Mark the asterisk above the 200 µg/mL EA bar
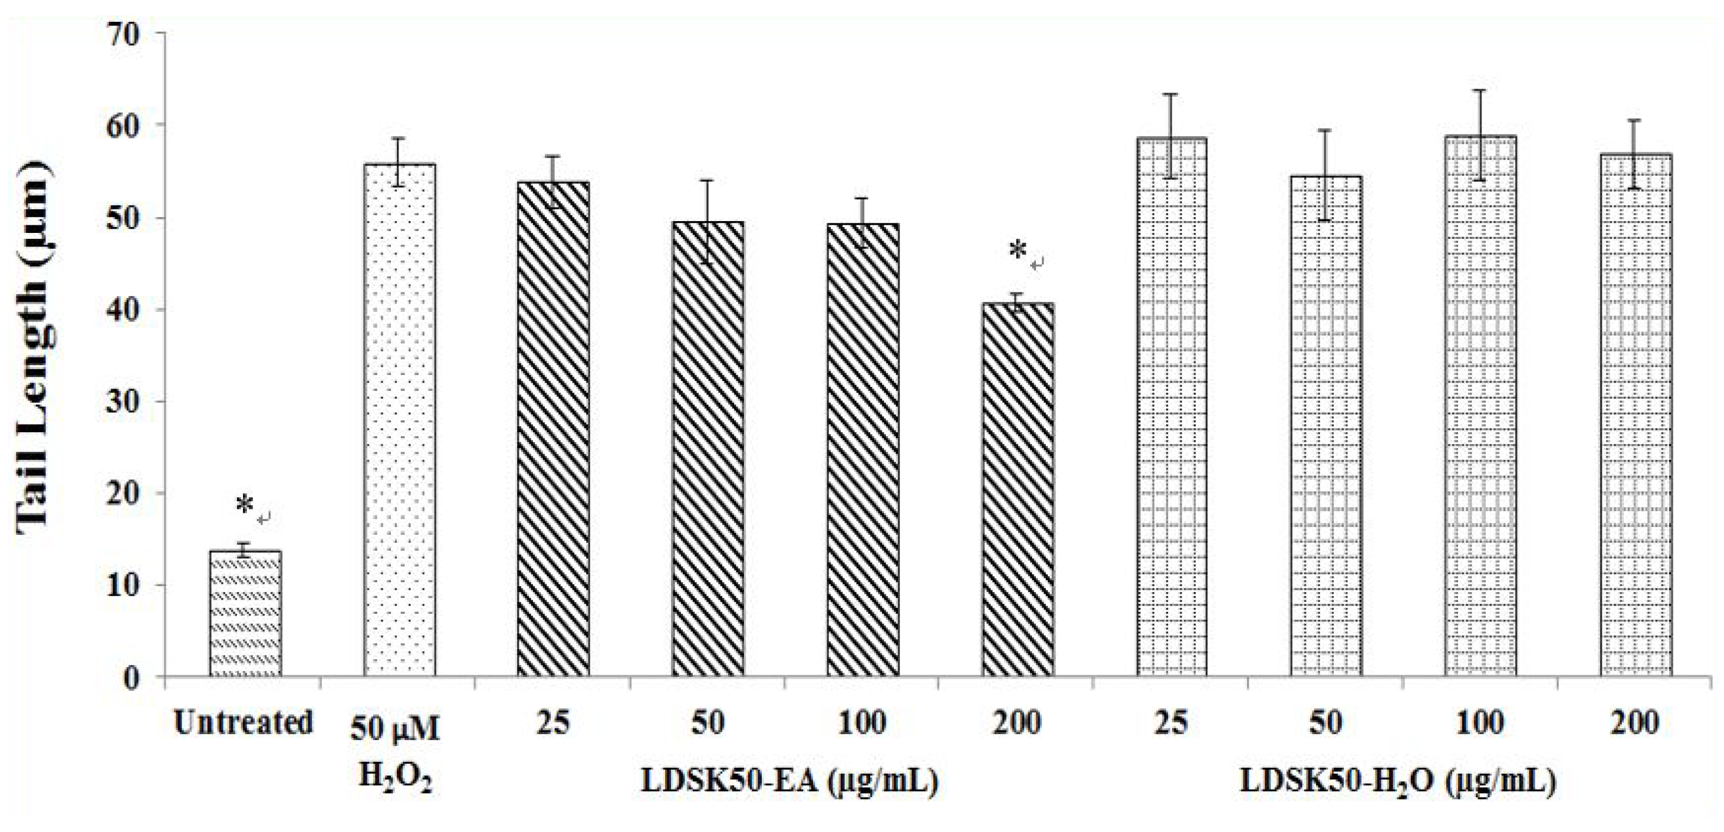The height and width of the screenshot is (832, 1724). [1017, 251]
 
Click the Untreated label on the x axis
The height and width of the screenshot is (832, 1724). [244, 724]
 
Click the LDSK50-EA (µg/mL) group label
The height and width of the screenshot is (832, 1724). [789, 782]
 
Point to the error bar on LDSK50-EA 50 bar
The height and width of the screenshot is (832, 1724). [708, 221]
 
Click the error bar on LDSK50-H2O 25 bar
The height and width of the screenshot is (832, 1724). [1171, 137]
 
